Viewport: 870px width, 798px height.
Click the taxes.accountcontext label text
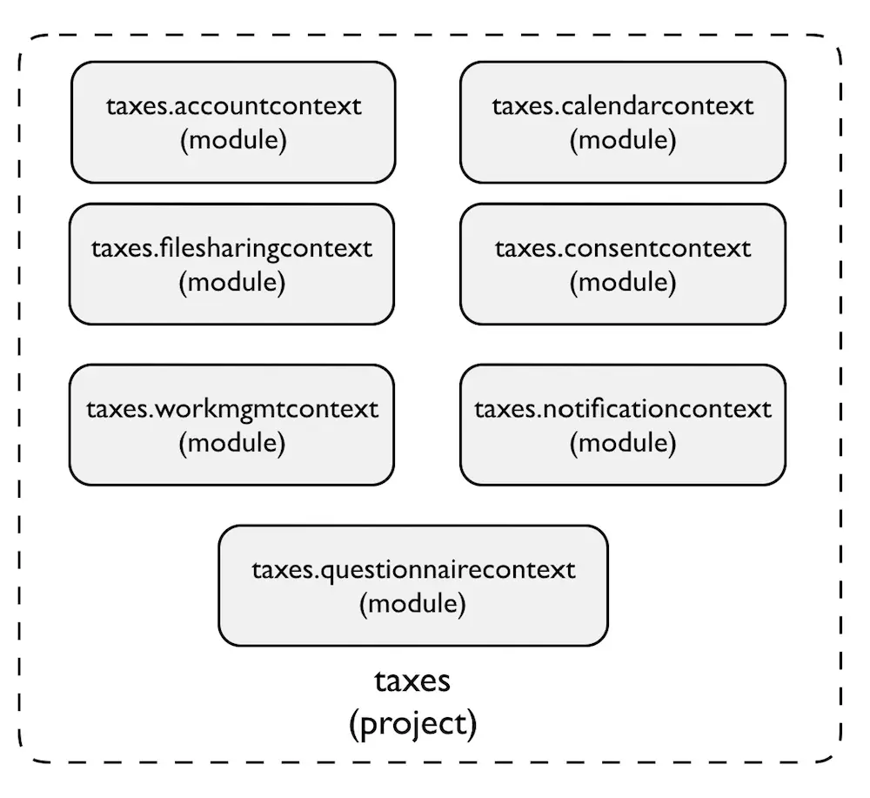(x=233, y=106)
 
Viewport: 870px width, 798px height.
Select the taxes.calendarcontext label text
(x=623, y=106)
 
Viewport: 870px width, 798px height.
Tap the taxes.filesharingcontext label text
(x=231, y=249)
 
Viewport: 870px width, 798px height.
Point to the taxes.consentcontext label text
(x=623, y=249)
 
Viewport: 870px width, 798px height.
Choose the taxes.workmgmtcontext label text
(x=232, y=410)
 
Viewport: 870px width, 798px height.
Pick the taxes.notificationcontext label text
(x=623, y=410)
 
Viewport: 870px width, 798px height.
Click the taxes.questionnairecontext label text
(x=413, y=571)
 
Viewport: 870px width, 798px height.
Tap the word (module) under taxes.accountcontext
(x=233, y=140)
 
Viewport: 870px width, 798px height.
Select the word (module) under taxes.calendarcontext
(x=623, y=140)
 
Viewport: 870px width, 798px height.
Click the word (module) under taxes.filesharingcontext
(x=232, y=283)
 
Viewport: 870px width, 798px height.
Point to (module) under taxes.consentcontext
(x=623, y=283)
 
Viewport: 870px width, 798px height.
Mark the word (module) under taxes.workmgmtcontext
(x=232, y=444)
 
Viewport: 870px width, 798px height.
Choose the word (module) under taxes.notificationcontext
(x=623, y=444)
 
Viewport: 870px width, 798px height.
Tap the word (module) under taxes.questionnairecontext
(x=412, y=604)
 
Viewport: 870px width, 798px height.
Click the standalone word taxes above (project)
(x=412, y=681)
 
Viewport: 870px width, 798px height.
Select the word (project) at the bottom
(x=412, y=724)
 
